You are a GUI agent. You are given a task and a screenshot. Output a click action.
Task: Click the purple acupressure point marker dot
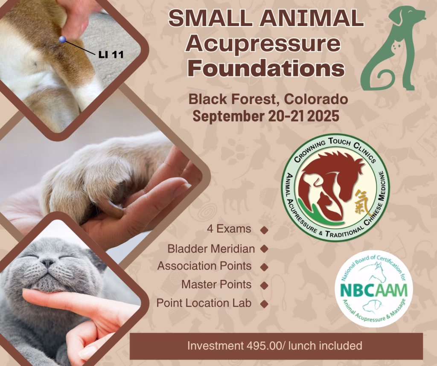(x=62, y=40)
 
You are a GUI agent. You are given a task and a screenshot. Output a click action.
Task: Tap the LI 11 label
(x=111, y=54)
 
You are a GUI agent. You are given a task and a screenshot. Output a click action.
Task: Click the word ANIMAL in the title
(x=313, y=18)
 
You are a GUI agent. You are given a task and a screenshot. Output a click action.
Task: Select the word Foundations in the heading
(x=266, y=68)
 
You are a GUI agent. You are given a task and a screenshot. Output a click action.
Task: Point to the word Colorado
(x=316, y=99)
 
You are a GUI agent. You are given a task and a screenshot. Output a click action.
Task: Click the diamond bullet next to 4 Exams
(x=264, y=230)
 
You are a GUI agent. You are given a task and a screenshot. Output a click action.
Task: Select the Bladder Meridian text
(x=211, y=249)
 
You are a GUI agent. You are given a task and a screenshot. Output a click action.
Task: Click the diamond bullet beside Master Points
(x=264, y=285)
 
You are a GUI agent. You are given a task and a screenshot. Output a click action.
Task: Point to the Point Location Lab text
(x=204, y=303)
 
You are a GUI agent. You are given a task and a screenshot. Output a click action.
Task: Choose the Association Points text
(x=204, y=266)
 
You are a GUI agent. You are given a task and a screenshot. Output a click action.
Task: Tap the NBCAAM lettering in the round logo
(x=374, y=290)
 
